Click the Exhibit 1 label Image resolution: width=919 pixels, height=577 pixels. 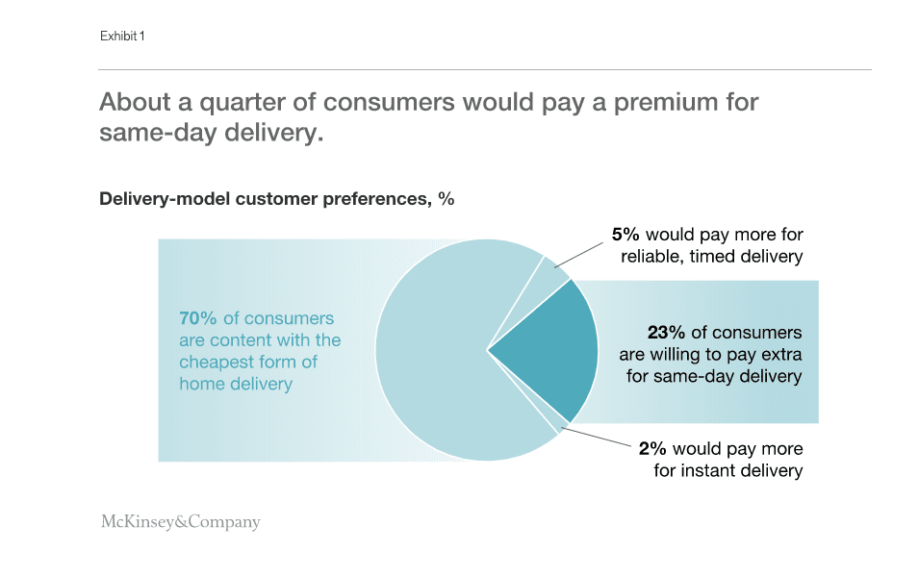pos(122,37)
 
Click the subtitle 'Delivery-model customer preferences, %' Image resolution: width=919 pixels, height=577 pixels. pos(276,200)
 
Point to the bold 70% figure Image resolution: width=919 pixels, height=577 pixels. pos(199,318)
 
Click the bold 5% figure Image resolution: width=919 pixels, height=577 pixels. pos(626,235)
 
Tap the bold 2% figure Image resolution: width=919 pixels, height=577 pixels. pos(651,449)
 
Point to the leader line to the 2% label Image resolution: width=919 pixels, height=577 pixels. pos(597,437)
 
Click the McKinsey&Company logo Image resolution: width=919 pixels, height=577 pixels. pos(180,522)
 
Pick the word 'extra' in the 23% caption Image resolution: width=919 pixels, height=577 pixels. pos(779,354)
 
